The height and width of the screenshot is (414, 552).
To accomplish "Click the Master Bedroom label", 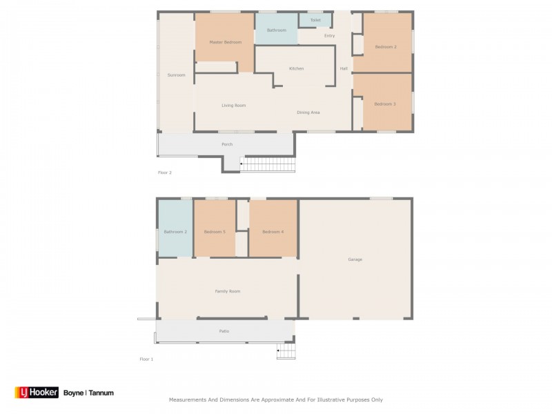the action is point(226,42).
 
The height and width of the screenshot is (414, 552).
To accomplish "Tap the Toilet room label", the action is point(315,20).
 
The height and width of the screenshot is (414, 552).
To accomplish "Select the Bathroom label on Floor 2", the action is point(277,30).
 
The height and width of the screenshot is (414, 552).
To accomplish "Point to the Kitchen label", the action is point(296,68).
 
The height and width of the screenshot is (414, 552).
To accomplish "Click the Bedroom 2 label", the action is point(386,47).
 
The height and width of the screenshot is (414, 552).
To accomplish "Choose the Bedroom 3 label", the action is point(385,104).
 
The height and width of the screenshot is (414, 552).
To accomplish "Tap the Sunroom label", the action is point(176,75).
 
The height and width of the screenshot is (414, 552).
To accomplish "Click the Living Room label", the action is point(233,106).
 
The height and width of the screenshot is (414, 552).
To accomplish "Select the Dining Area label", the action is point(308,112).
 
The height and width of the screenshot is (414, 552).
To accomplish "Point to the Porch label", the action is point(227,144).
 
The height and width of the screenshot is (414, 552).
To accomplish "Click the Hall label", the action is point(344,68).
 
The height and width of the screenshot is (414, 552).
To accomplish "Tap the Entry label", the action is point(330,36).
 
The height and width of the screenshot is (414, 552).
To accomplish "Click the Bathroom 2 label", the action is point(175,232).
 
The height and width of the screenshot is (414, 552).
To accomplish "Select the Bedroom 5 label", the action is point(215,232).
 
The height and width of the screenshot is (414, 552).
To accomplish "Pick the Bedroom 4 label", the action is point(273,232).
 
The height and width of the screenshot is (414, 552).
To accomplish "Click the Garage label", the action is point(355,259).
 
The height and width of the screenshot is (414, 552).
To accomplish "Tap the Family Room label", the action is point(228,291).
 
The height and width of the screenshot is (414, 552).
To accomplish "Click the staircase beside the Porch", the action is point(268,164).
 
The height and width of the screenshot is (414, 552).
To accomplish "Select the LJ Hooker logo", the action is point(37,393).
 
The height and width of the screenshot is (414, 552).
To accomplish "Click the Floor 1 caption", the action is point(146,359).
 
